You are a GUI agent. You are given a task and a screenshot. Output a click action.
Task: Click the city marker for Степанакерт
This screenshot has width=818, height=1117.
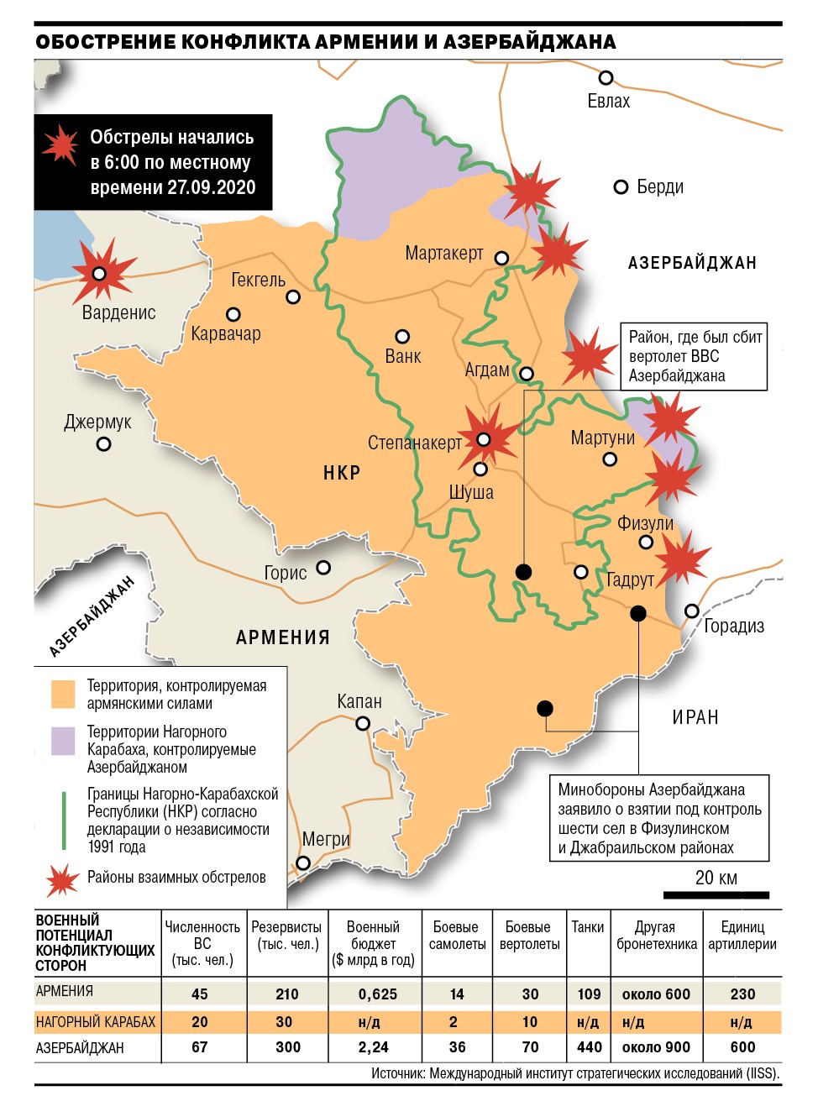[484, 439]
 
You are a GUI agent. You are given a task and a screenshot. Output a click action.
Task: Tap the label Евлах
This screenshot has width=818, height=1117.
[608, 102]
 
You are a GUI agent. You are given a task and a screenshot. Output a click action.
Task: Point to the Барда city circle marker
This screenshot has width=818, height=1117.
[621, 186]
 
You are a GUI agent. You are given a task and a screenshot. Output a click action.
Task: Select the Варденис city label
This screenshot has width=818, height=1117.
[119, 312]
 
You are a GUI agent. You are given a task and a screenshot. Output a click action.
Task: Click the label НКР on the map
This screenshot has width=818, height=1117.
[342, 473]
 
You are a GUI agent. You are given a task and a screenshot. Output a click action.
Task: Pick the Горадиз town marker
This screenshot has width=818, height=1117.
[692, 611]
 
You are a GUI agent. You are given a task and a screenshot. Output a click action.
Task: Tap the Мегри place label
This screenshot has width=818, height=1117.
[326, 839]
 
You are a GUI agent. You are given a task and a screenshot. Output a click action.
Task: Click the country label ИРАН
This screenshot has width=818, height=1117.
[695, 717]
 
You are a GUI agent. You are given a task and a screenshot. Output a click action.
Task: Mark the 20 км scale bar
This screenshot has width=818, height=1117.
[716, 894]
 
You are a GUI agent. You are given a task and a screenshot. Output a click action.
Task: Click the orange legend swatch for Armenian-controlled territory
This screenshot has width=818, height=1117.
[63, 694]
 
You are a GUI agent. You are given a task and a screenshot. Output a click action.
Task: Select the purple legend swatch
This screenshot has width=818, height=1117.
[63, 742]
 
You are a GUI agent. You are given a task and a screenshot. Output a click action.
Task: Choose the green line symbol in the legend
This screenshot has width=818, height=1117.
[64, 820]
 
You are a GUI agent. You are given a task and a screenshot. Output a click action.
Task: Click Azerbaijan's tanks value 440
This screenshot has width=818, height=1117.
[590, 1047]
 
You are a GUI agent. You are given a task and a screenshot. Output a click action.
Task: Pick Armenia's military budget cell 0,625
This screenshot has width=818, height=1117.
[378, 994]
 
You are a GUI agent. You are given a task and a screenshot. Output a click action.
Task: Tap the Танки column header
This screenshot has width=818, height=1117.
[588, 927]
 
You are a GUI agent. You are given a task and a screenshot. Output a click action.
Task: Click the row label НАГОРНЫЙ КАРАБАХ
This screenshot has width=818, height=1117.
[96, 1022]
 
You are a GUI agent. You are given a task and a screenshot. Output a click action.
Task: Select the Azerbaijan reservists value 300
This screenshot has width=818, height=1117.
[287, 1047]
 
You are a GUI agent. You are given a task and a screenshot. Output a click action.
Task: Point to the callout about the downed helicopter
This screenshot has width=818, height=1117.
[694, 357]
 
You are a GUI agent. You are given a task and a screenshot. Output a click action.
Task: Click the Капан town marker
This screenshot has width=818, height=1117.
[363, 723]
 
